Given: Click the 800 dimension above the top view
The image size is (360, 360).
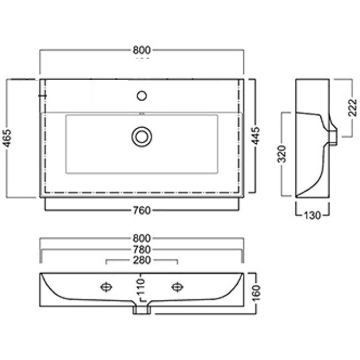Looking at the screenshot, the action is point(142,50).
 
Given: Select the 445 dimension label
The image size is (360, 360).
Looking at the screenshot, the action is point(256,135).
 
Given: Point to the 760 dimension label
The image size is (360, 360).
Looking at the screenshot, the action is point(142,210).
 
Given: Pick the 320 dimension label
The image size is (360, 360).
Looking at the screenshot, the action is point(282,154).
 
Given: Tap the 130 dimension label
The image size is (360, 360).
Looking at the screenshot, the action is point(312,215).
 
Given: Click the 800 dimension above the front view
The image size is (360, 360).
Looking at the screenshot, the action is point(142,238).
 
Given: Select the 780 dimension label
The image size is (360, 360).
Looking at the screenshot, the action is point(142,249).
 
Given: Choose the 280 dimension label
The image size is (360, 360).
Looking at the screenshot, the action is point(142,260).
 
